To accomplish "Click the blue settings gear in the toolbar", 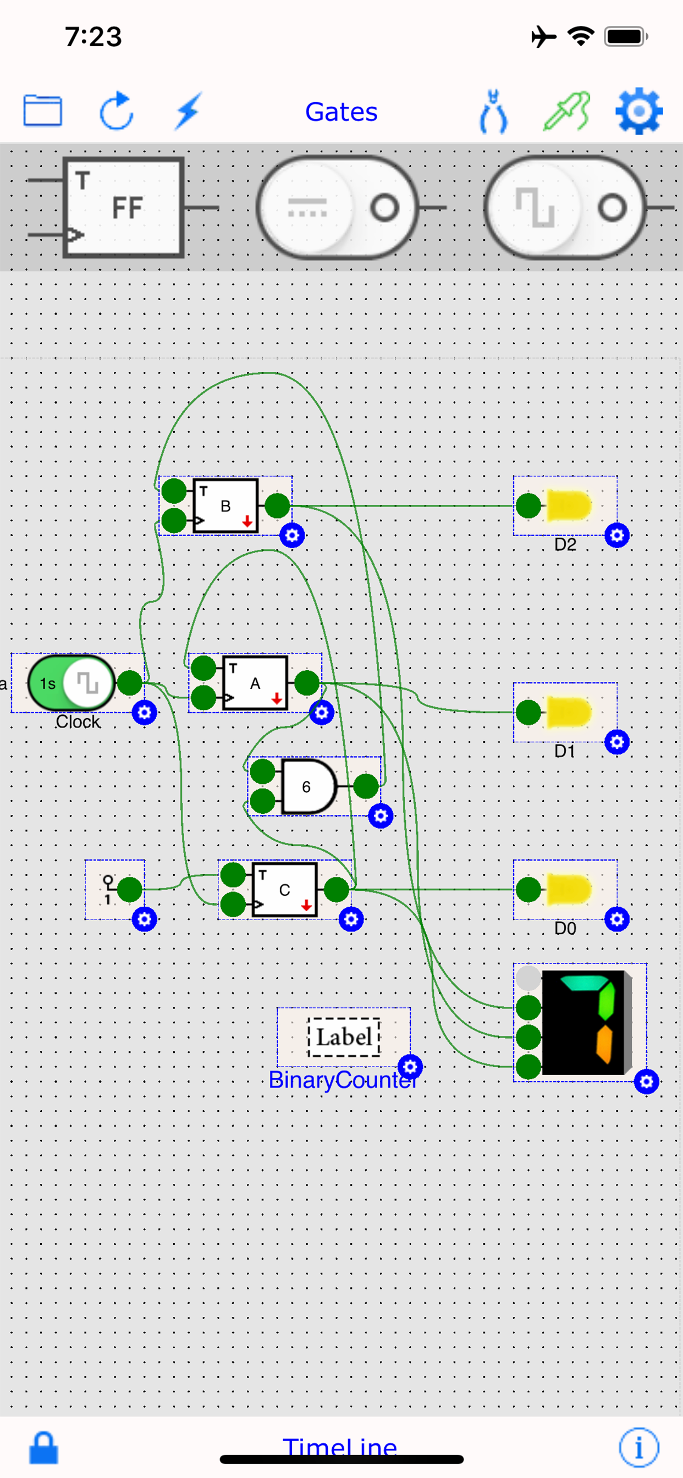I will pyautogui.click(x=638, y=111).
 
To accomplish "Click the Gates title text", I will pyautogui.click(x=341, y=112).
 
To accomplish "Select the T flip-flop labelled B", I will pyautogui.click(x=225, y=506).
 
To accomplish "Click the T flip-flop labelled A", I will pyautogui.click(x=255, y=683).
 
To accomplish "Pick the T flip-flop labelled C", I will pyautogui.click(x=285, y=890).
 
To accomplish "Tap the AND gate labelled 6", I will pyautogui.click(x=307, y=787).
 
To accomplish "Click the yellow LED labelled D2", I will pyautogui.click(x=568, y=506).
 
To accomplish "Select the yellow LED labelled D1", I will pyautogui.click(x=568, y=713).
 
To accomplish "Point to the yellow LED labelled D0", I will pyautogui.click(x=568, y=890).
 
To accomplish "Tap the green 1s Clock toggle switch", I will pyautogui.click(x=71, y=683).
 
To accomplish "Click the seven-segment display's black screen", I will pyautogui.click(x=583, y=1022).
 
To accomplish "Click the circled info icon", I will pyautogui.click(x=638, y=1447).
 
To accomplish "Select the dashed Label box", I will pyautogui.click(x=344, y=1037).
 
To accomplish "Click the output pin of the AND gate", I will pyautogui.click(x=366, y=787).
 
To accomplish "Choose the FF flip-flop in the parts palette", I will pyautogui.click(x=123, y=207).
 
